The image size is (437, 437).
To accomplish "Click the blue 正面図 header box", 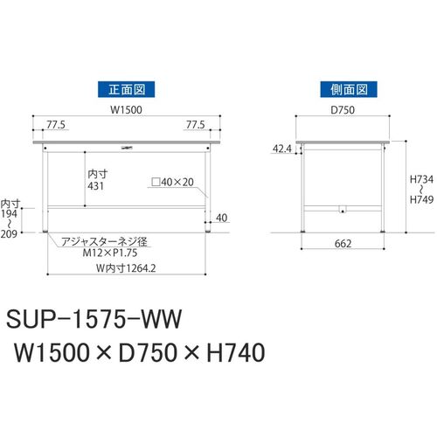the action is (x=126, y=89).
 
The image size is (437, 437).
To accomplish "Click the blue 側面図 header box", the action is (x=349, y=89).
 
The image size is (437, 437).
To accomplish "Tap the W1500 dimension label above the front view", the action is (x=126, y=110).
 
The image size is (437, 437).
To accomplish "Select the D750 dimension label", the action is (x=343, y=110).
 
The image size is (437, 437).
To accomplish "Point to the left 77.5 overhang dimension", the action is (x=56, y=125).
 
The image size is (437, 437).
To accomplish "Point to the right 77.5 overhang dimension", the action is (x=196, y=125).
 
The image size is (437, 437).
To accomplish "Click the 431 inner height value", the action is (x=95, y=186).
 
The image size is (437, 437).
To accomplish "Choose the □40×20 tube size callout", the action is (x=173, y=183).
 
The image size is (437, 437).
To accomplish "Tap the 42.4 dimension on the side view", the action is (x=282, y=149).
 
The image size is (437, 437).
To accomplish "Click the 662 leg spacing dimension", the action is (x=343, y=244).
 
